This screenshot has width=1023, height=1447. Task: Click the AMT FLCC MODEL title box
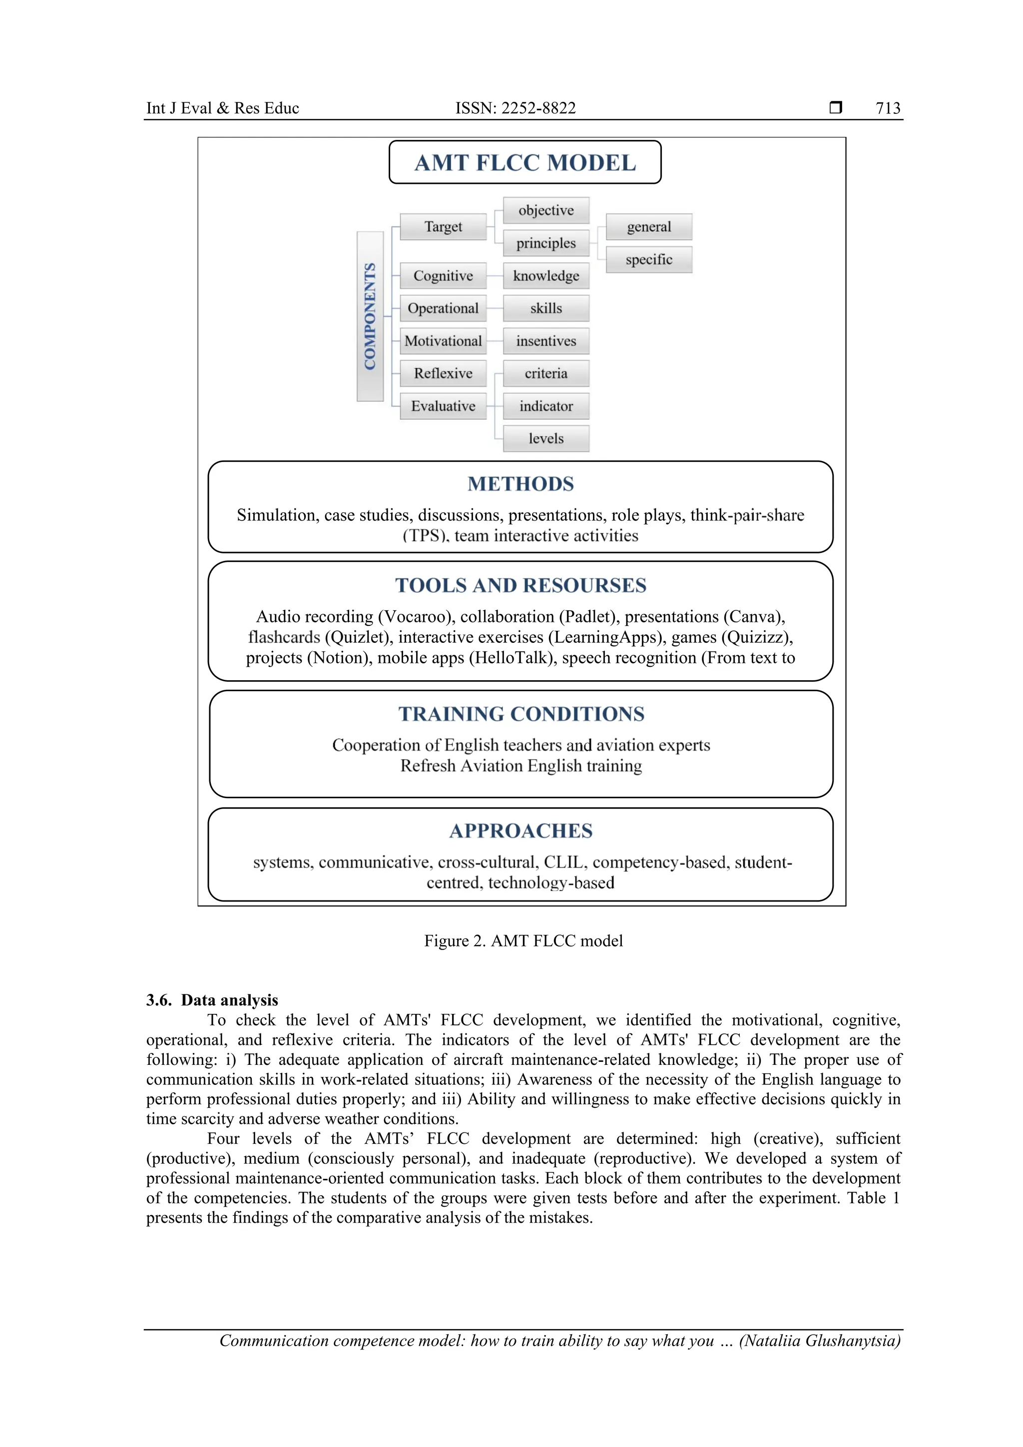pos(524,163)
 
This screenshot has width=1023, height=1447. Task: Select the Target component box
pos(443,227)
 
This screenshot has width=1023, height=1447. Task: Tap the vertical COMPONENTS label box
pos(370,316)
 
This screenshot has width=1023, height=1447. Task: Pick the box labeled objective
pos(546,210)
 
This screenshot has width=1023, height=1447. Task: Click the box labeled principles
pos(546,243)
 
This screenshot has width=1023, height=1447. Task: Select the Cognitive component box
pos(443,276)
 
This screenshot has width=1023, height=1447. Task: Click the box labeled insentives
pos(546,341)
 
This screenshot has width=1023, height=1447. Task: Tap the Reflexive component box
pos(443,374)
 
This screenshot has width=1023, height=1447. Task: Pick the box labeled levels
pos(546,439)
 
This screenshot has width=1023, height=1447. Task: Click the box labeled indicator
pos(546,407)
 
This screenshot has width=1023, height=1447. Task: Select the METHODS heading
pos(520,484)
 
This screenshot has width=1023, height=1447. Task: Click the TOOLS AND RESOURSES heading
pos(520,585)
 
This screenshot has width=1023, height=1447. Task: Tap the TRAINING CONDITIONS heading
pos(520,714)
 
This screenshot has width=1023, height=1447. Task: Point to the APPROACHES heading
pos(520,831)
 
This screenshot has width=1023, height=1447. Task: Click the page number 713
pos(888,108)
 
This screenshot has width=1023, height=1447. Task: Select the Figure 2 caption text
pos(523,941)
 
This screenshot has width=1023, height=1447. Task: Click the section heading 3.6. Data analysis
pos(212,1000)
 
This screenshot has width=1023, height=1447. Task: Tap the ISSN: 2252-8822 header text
pos(515,108)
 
